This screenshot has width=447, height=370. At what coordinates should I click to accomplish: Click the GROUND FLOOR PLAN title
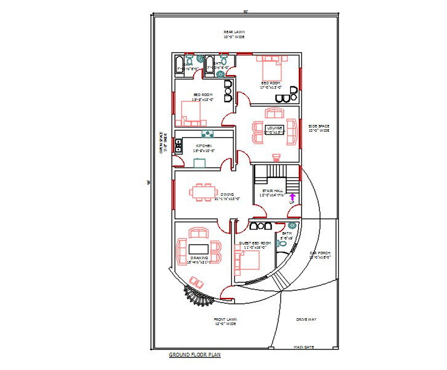click(x=195, y=355)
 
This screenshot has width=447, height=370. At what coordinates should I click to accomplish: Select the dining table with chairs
click(x=202, y=192)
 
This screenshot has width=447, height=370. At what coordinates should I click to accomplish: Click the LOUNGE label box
click(x=274, y=129)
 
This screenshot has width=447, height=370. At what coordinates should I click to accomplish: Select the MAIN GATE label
click(x=304, y=347)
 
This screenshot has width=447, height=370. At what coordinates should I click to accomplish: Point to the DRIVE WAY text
click(x=306, y=320)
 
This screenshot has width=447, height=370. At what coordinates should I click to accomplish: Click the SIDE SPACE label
click(x=319, y=128)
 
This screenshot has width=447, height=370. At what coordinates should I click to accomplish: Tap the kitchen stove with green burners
click(x=208, y=134)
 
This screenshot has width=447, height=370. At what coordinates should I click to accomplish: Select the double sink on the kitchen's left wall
click(x=180, y=146)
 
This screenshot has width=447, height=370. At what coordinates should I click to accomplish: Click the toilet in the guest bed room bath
click(x=283, y=243)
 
